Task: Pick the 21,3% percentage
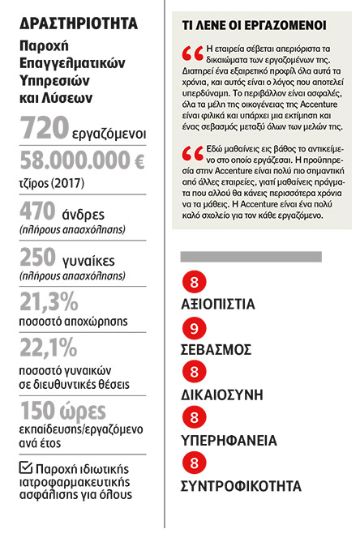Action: point(49,303)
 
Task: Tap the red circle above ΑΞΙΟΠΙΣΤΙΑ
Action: point(195,283)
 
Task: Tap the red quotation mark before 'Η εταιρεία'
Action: point(193,55)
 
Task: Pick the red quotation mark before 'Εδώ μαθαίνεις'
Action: point(193,153)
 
